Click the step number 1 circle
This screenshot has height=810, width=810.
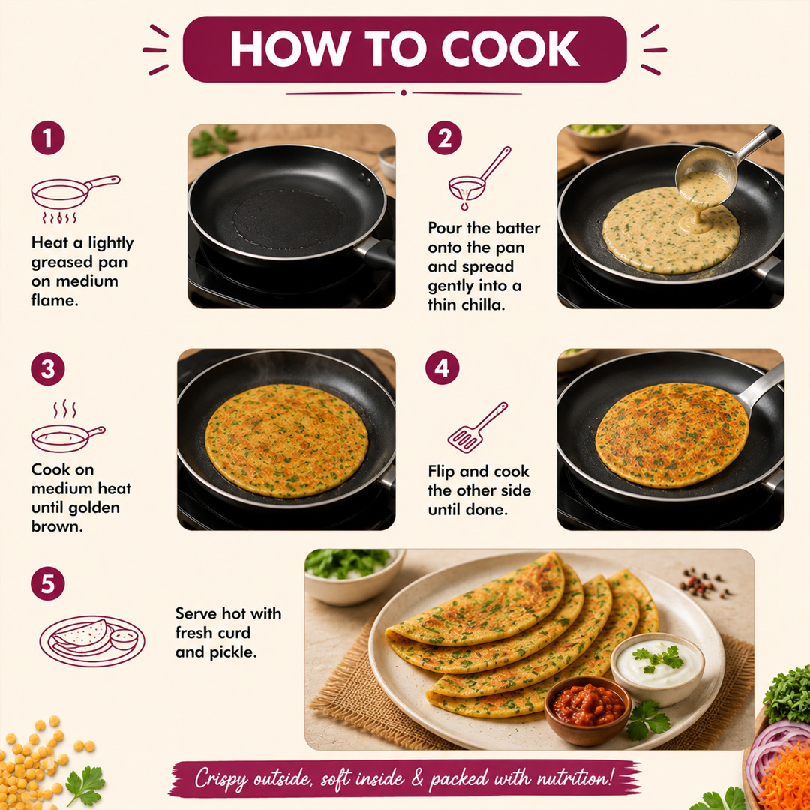[47, 138]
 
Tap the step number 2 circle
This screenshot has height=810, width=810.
[445, 138]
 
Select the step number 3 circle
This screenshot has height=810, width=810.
[47, 369]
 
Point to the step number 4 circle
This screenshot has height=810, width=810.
[442, 367]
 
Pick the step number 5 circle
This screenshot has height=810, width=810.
[47, 583]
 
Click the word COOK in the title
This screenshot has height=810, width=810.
[511, 49]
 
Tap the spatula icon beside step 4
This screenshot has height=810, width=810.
[477, 427]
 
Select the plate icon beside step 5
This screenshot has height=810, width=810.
[92, 640]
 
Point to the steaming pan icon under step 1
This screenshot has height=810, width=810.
[76, 199]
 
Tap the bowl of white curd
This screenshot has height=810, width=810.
[658, 668]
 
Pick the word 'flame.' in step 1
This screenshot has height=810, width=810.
[55, 300]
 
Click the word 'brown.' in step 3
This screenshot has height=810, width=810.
[57, 526]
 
